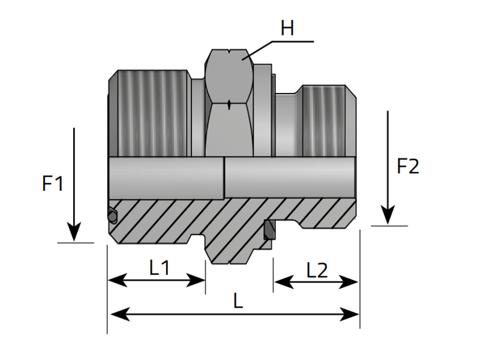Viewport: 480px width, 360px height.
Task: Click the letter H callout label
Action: pos(287,28)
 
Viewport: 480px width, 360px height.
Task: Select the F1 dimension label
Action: pos(53,184)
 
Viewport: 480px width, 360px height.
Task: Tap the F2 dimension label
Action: pos(408,166)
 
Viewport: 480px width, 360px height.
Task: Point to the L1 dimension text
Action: pos(159,268)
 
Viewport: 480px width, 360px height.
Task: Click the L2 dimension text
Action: pos(316,271)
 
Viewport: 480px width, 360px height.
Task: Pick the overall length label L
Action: pos(238,301)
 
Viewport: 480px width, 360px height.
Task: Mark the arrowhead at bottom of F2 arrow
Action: pos(388,215)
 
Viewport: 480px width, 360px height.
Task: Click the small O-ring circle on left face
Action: pos(112,215)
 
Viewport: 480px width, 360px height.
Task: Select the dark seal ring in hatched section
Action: pos(269,230)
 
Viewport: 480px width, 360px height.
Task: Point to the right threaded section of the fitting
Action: pos(324,120)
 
